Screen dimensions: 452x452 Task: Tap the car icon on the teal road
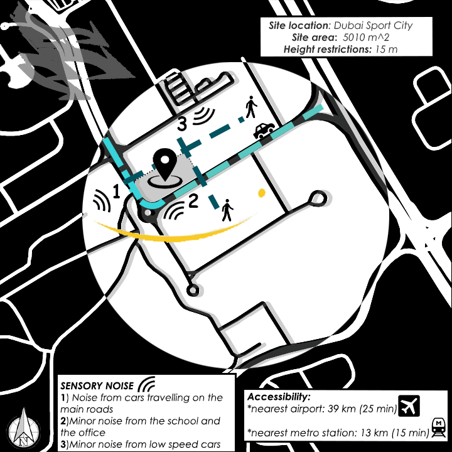264,131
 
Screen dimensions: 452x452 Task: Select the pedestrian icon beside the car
251,107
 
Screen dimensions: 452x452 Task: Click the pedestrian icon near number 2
227,210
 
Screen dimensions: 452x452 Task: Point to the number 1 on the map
116,191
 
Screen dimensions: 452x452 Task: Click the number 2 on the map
193,201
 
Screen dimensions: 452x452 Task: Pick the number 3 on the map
182,124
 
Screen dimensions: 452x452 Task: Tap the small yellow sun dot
262,193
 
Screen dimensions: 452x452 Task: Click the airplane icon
409,406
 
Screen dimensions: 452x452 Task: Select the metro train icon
438,428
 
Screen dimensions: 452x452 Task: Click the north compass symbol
24,429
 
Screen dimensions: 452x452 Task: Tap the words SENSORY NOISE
97,385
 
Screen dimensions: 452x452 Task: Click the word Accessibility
279,397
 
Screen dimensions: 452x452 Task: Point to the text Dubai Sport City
373,25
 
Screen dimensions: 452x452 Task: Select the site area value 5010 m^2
366,38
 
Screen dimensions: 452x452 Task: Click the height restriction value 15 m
386,50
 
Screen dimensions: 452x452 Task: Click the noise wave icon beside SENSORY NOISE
147,384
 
